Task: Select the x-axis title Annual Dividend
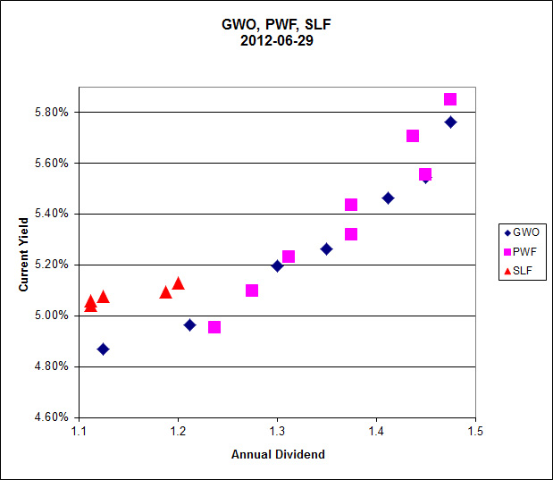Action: pos(278,454)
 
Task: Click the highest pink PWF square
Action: pos(450,99)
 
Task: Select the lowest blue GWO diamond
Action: pos(103,349)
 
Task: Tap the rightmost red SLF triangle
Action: pos(178,283)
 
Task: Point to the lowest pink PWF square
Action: pos(214,327)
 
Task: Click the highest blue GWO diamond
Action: pos(450,122)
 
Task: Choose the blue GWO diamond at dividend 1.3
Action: pos(277,265)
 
